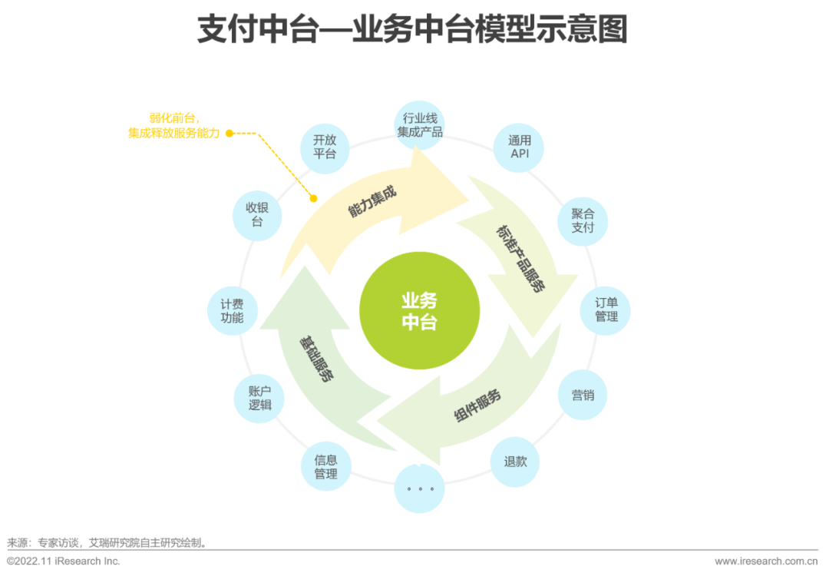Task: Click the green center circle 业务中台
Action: [x=419, y=310]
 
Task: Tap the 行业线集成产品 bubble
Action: [x=420, y=125]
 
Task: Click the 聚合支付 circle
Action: [x=583, y=220]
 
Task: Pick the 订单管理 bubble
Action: [x=606, y=310]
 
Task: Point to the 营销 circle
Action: [x=583, y=396]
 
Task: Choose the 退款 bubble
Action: [x=515, y=462]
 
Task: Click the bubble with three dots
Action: [x=420, y=488]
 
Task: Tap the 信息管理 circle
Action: [x=325, y=467]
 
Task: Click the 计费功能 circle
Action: [x=232, y=310]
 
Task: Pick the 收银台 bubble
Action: [x=257, y=215]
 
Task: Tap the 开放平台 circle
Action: [x=325, y=147]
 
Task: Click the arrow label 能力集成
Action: [x=372, y=199]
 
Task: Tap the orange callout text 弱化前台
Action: [x=175, y=118]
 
